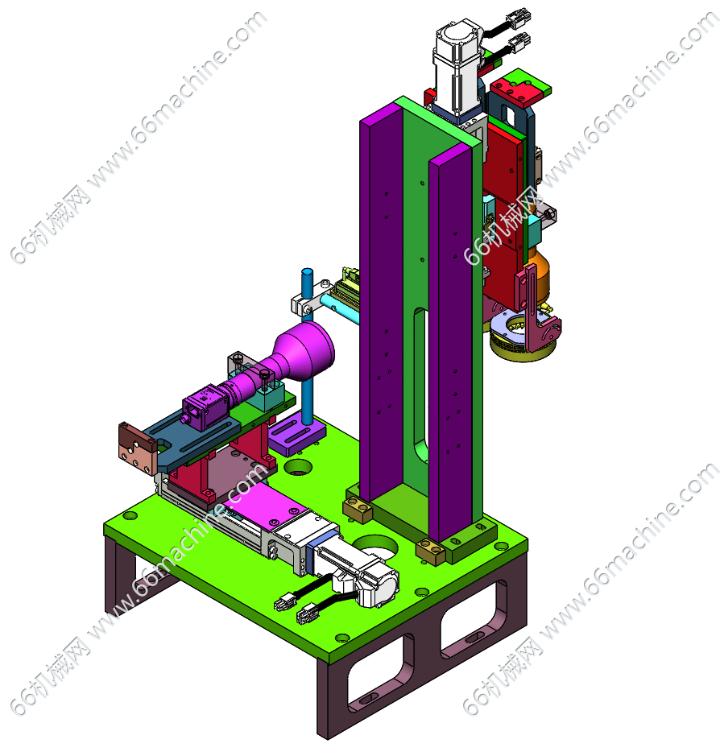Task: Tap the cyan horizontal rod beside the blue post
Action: pos(340,310)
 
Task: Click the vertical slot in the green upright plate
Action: pos(420,386)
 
